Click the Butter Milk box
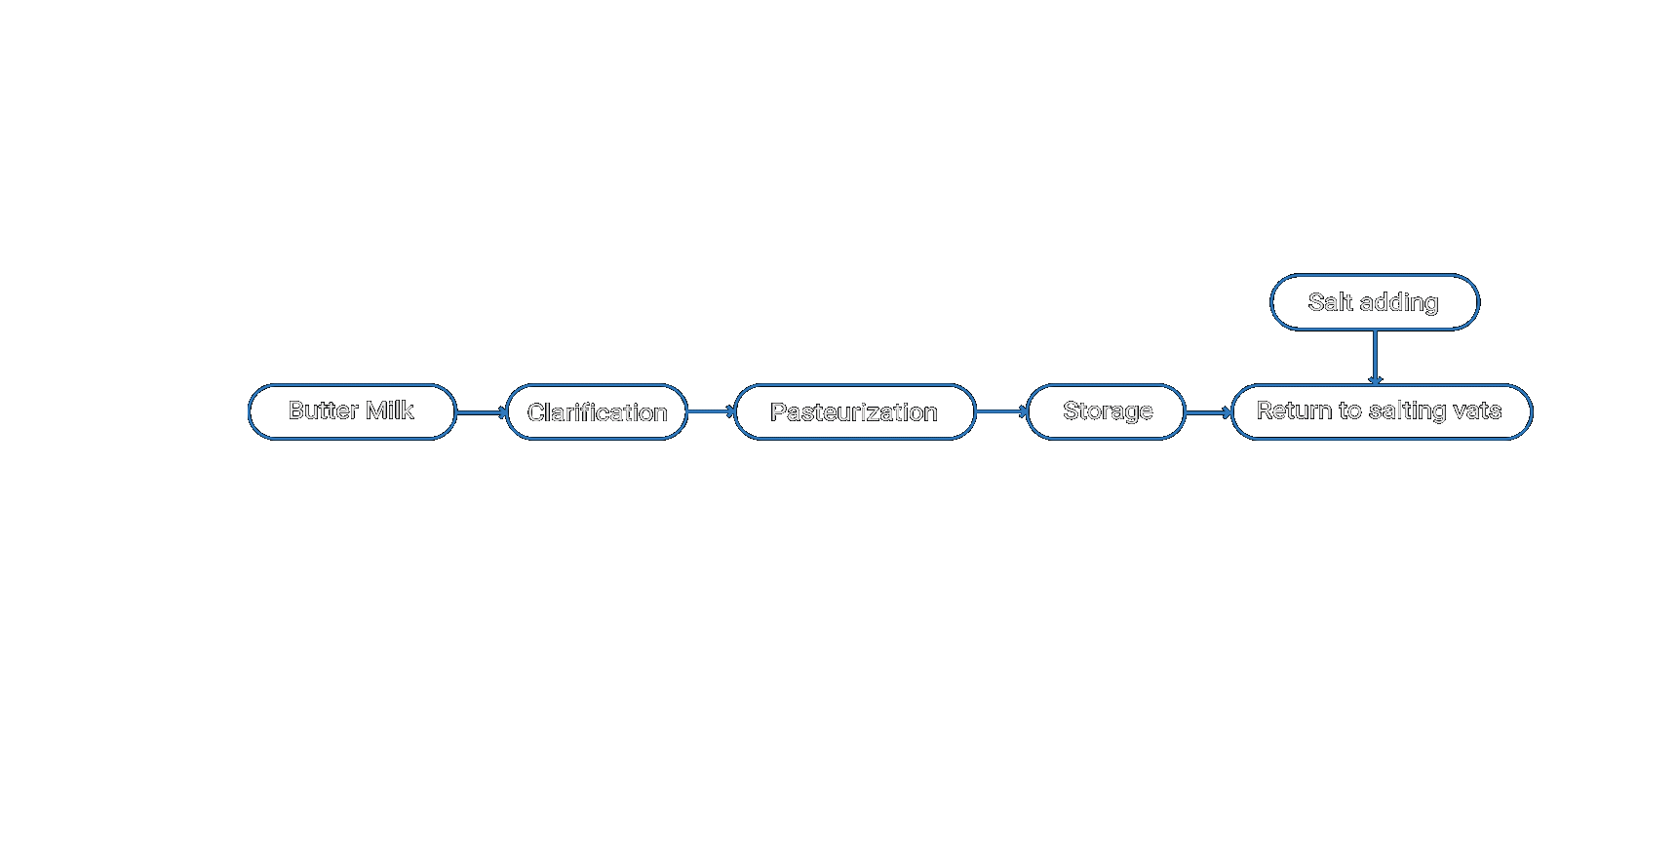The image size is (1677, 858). (x=352, y=411)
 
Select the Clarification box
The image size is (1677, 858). (x=597, y=411)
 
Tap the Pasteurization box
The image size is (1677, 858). (x=855, y=411)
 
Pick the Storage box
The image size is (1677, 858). (x=1107, y=411)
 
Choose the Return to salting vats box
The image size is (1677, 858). (x=1382, y=411)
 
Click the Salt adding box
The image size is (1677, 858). (x=1375, y=302)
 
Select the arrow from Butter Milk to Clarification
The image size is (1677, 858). (x=482, y=412)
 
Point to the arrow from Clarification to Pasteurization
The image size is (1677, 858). (x=712, y=412)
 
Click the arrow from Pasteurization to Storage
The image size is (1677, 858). (x=1002, y=412)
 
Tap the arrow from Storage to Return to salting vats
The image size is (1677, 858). (x=1209, y=412)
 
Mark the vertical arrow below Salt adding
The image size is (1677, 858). (x=1375, y=358)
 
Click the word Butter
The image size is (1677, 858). (x=323, y=410)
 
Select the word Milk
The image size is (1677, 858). (x=390, y=410)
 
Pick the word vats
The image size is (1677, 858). (x=1477, y=410)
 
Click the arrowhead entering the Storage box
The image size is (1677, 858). (x=1024, y=412)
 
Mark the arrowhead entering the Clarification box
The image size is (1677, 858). (x=502, y=412)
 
